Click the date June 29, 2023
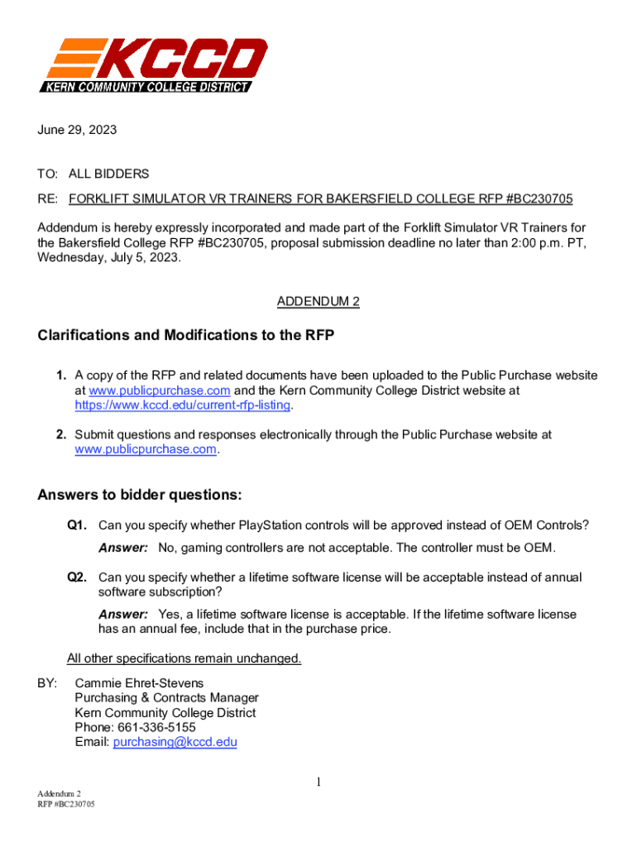[77, 130]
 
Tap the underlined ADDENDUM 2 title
[318, 302]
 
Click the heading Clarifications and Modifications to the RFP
[185, 336]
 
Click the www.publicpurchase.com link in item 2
[146, 449]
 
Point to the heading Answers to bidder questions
[140, 495]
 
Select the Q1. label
[78, 525]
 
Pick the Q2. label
[78, 577]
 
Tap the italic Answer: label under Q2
[123, 615]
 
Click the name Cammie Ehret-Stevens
[139, 683]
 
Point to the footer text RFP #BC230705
[65, 804]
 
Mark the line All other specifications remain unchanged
[184, 659]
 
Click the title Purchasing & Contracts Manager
[166, 698]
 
